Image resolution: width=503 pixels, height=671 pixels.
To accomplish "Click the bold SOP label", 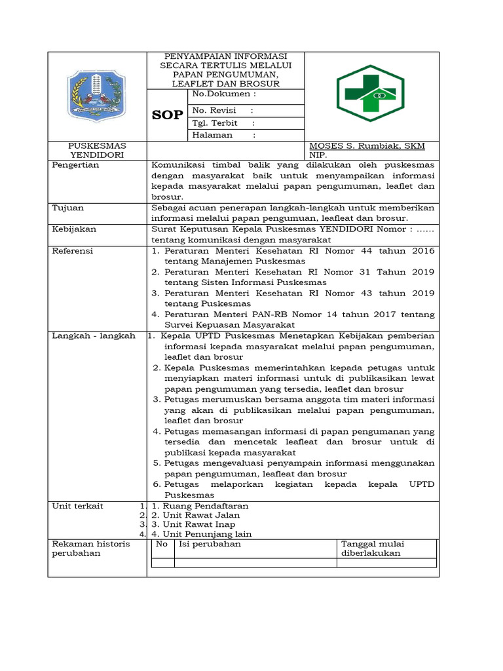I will pos(168,115).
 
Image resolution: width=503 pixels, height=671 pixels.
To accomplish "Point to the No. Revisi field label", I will pos(214,110).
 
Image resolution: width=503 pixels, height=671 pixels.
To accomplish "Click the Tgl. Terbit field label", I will pos(214,123).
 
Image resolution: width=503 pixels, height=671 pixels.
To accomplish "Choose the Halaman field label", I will pos(212,135).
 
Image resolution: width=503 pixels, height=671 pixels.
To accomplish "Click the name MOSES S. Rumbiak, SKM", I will pos(367,145).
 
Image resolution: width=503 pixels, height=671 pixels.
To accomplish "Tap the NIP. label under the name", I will pos(318,155).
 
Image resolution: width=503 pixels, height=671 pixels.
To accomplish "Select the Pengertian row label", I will pos(75,165).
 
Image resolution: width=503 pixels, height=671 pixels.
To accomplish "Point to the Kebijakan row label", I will pos(74,229).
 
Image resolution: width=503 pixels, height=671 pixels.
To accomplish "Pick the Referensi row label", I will pos(73,251).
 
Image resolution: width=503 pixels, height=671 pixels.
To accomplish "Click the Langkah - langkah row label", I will pos(94,335).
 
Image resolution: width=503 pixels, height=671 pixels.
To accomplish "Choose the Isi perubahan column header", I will pos(210,544).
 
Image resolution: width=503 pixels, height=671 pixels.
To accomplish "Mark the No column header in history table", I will pos(162,544).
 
